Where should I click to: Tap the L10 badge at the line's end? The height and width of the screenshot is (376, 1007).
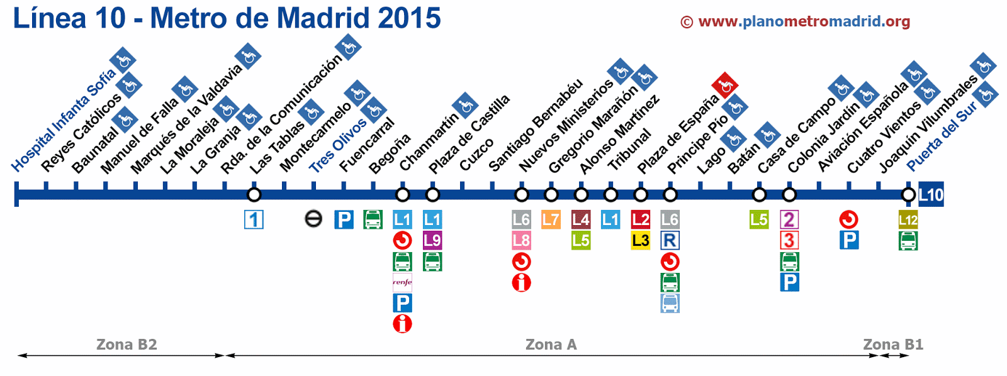pyautogui.click(x=931, y=195)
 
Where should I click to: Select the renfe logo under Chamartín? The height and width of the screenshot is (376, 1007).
pyautogui.click(x=402, y=282)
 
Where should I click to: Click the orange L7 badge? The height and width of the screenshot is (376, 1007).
pyautogui.click(x=551, y=219)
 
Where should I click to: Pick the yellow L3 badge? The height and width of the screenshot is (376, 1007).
pyautogui.click(x=640, y=240)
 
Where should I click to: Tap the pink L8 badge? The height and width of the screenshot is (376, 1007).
pyautogui.click(x=521, y=240)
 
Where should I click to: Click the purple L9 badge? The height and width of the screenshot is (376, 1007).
pyautogui.click(x=432, y=240)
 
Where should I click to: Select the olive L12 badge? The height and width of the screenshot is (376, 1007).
pyautogui.click(x=908, y=219)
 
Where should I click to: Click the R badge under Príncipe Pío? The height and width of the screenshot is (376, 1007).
pyautogui.click(x=670, y=240)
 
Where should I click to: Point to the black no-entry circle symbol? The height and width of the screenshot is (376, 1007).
pyautogui.click(x=313, y=219)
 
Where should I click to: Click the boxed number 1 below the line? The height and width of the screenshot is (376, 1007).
pyautogui.click(x=254, y=219)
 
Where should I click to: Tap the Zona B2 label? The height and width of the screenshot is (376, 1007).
pyautogui.click(x=127, y=345)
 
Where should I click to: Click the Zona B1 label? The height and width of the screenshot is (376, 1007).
pyautogui.click(x=892, y=345)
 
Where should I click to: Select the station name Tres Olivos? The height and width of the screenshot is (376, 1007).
pyautogui.click(x=337, y=145)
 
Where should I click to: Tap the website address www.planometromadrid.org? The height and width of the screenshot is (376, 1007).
pyautogui.click(x=804, y=21)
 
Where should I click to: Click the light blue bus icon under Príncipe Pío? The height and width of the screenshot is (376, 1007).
pyautogui.click(x=670, y=303)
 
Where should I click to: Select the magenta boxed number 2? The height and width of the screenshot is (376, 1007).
pyautogui.click(x=789, y=219)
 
